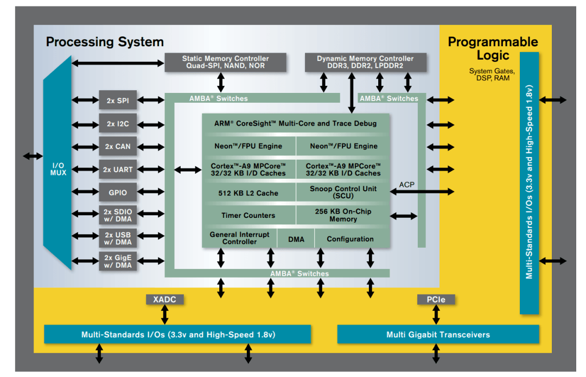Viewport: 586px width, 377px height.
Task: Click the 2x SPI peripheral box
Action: click(118, 100)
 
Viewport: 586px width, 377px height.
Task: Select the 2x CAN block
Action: click(118, 146)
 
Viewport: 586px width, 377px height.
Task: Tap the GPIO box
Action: click(118, 192)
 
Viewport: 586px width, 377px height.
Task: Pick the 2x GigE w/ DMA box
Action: click(118, 261)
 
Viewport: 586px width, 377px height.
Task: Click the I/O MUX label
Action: click(58, 169)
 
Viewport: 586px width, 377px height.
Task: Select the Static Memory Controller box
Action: click(225, 62)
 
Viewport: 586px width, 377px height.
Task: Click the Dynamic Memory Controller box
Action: click(366, 62)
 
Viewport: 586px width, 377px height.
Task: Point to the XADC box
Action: click(164, 299)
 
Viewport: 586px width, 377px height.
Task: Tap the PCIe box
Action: click(436, 299)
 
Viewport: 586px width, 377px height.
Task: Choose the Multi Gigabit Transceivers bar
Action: click(438, 335)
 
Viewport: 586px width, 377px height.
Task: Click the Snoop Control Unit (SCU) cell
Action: click(343, 192)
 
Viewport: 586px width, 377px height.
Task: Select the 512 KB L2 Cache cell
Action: click(249, 193)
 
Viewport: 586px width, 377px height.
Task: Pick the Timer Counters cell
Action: click(249, 215)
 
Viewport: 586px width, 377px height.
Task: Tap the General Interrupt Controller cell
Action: click(240, 238)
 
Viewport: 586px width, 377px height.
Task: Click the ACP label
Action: click(406, 185)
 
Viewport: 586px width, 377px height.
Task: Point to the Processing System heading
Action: click(105, 41)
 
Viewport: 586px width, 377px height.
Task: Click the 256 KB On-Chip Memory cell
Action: click(343, 215)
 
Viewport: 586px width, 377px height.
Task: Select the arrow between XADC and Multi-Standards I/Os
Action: click(164, 315)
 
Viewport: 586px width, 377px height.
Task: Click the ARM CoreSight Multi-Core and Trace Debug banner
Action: click(296, 123)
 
